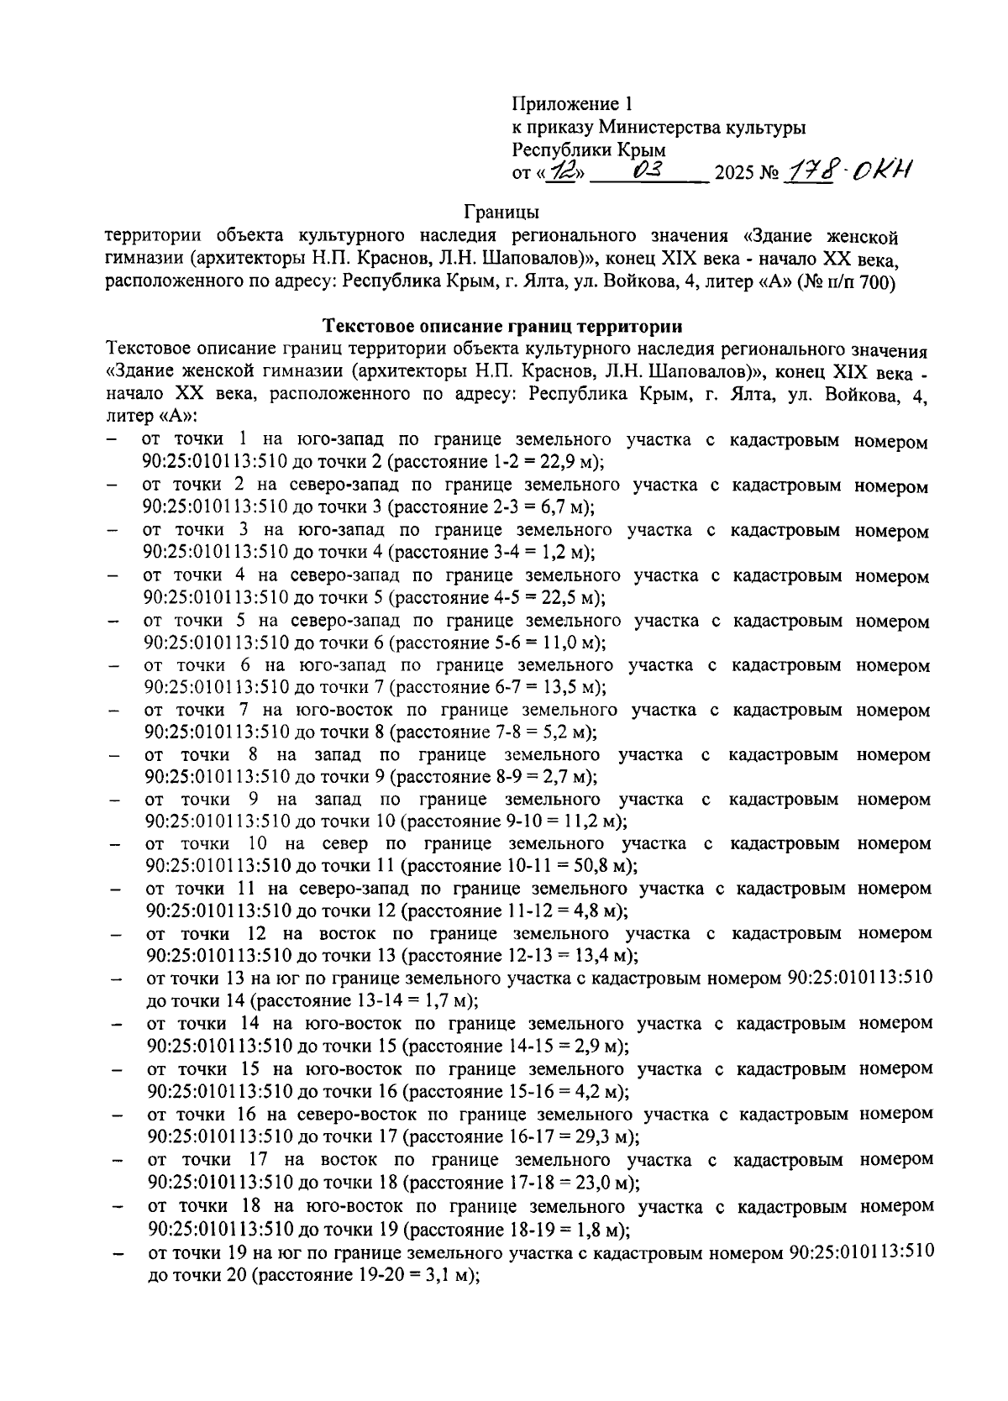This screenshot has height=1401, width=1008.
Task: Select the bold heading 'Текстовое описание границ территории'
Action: click(503, 326)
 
